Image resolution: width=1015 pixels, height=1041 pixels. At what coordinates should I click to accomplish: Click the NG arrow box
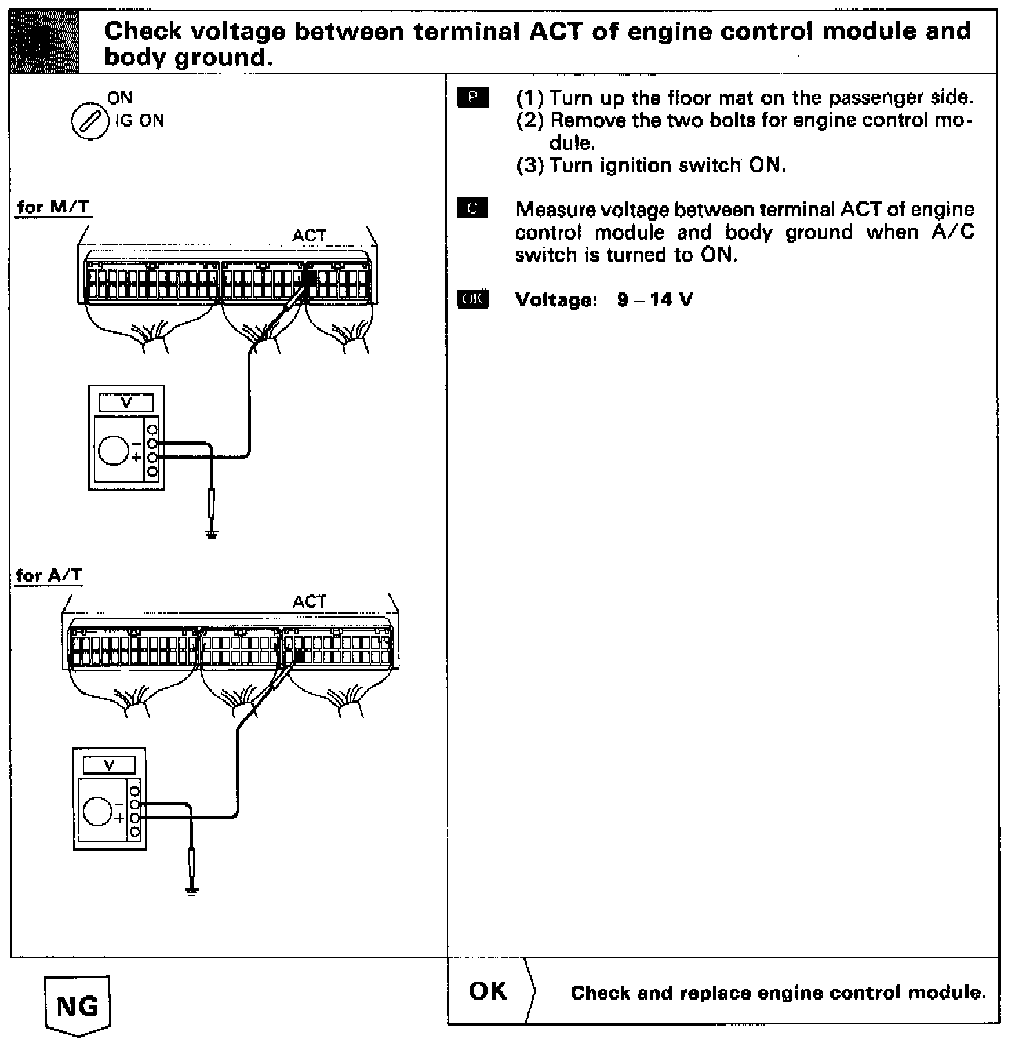coord(77,1005)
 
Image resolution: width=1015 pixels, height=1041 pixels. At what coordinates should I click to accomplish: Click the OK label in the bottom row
coord(488,991)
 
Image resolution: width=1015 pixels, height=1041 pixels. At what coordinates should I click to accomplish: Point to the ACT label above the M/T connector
coord(309,236)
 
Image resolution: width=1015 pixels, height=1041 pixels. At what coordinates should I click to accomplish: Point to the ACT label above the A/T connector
coord(309,602)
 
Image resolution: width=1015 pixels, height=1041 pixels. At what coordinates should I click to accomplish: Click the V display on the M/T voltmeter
coord(126,403)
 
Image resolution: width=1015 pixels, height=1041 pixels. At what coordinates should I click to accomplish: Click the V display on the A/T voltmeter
coord(109,765)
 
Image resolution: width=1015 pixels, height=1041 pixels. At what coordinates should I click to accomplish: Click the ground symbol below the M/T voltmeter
coord(212,535)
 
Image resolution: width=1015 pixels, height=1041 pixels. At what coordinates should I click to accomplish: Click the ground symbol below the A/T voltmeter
coord(192,891)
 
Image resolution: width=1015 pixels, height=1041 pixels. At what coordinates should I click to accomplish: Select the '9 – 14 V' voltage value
coord(655,300)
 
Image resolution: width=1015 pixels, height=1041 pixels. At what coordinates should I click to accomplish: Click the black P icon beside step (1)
coord(472,98)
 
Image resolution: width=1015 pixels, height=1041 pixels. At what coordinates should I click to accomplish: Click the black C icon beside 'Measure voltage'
coord(472,209)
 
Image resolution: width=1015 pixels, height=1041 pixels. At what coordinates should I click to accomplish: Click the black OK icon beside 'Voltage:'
coord(472,299)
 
